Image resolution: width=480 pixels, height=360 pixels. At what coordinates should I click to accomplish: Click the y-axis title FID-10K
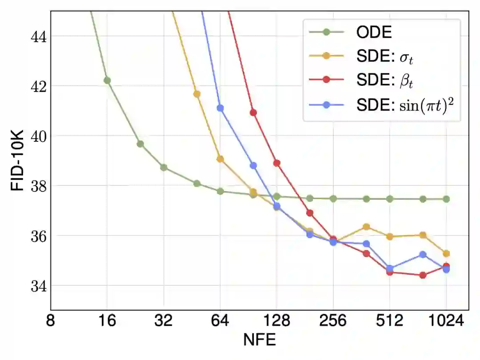pos(17,160)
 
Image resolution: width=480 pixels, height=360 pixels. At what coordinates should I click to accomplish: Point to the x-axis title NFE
pos(260,340)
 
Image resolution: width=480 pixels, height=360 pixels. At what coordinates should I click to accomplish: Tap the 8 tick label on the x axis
pos(51,321)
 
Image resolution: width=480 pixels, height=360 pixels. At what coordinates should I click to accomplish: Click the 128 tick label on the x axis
pos(276,321)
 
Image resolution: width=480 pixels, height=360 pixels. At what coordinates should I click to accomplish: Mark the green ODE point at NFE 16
pos(107,80)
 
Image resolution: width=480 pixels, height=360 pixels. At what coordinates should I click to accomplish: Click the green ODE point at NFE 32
pos(164,168)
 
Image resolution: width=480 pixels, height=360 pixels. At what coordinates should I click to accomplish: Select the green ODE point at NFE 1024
pos(446,199)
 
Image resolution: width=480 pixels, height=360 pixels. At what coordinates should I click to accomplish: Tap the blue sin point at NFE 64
pos(220,108)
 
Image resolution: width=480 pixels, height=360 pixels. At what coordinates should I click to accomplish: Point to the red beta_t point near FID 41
pos(253,112)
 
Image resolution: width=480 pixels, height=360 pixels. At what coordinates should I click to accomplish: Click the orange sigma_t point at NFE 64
pos(220,159)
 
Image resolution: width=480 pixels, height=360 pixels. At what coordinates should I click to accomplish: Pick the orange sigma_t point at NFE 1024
pos(446,254)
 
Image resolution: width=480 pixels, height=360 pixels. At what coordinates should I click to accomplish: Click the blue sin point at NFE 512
pos(390,268)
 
